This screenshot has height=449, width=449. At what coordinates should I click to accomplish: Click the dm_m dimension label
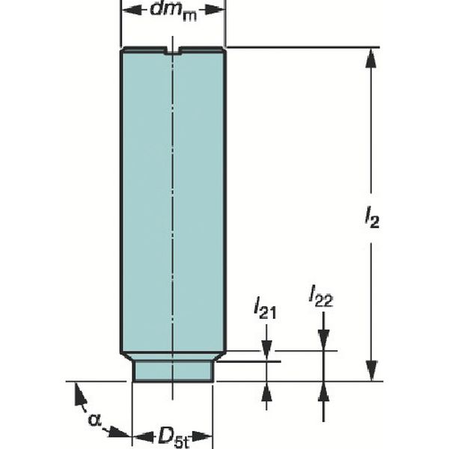tap(174, 11)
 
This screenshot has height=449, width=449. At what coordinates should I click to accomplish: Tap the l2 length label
tap(372, 218)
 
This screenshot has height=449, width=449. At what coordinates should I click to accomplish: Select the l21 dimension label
tap(266, 308)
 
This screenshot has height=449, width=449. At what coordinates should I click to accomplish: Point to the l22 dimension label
tap(321, 296)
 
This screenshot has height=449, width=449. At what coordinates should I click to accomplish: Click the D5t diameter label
tap(174, 438)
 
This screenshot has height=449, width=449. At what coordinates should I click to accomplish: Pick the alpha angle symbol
tap(94, 420)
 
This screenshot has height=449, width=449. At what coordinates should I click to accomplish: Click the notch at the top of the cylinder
tap(172, 50)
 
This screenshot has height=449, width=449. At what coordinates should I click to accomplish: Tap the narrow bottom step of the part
tap(173, 371)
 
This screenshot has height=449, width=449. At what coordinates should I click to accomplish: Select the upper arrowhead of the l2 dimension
tap(371, 58)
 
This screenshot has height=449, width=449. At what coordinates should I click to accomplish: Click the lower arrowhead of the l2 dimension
tap(371, 371)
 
